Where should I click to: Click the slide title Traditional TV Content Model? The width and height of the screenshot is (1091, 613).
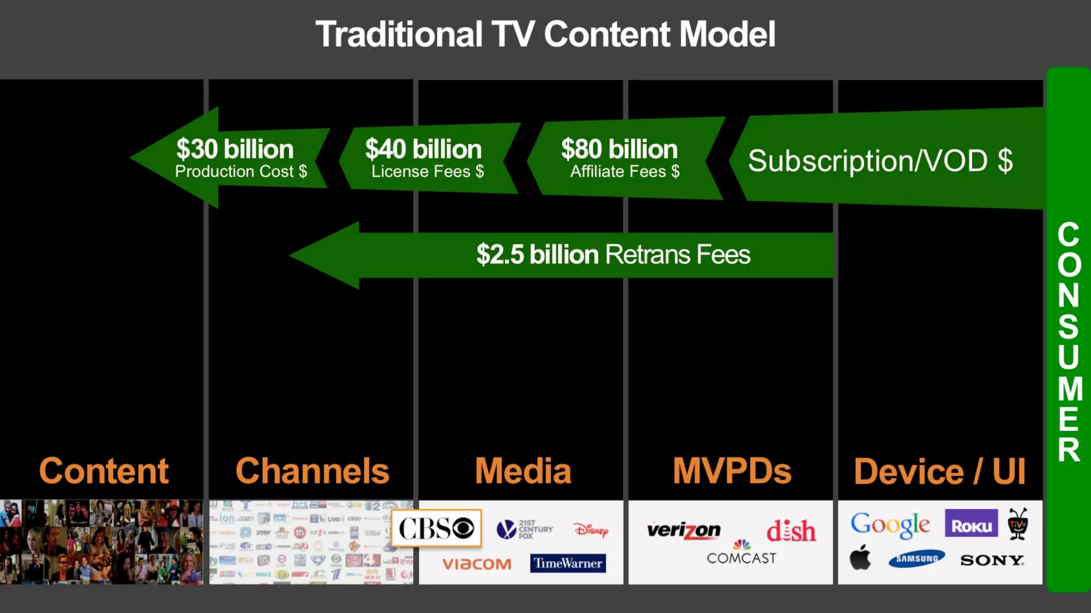[545, 35]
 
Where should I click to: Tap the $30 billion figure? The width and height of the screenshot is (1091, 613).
[235, 149]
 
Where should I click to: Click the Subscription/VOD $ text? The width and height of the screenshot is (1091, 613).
[880, 161]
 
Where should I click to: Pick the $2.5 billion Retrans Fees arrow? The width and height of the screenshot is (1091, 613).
[586, 255]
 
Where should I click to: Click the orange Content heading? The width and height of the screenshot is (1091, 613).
[104, 471]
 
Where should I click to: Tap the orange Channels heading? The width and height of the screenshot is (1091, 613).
[312, 471]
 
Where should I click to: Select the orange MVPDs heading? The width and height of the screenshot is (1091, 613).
[731, 471]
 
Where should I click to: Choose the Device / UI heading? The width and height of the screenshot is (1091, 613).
[940, 471]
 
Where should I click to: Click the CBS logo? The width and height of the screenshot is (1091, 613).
[436, 528]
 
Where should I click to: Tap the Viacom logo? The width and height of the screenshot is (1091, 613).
[476, 564]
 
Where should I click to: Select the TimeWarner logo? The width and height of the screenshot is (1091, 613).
[568, 563]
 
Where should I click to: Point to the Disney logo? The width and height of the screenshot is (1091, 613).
[591, 529]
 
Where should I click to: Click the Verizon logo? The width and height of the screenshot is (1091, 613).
[683, 531]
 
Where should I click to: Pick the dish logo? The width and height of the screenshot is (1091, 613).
[791, 531]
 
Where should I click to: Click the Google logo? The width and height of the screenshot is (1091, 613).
[890, 525]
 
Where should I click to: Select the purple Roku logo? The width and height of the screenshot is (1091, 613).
[971, 524]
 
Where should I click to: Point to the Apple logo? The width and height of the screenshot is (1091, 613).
[860, 558]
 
